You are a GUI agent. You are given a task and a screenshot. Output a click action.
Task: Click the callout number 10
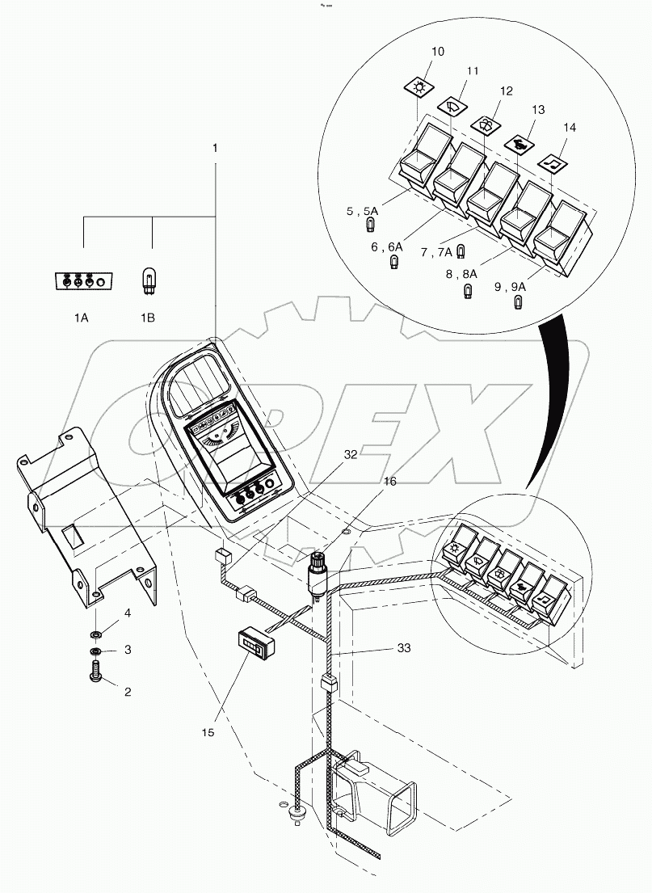click(x=437, y=52)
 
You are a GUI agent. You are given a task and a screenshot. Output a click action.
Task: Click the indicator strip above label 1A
click(x=82, y=282)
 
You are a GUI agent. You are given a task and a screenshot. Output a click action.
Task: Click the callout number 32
click(x=350, y=455)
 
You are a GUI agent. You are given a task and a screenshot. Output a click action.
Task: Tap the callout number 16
click(x=390, y=481)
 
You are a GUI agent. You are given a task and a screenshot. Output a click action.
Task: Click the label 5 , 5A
click(x=361, y=211)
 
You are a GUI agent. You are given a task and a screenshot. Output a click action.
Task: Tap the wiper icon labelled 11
click(x=452, y=104)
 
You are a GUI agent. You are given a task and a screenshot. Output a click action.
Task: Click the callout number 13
click(x=539, y=108)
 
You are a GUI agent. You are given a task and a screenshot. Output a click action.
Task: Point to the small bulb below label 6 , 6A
click(x=394, y=263)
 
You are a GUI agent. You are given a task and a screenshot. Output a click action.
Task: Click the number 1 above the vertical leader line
click(x=215, y=148)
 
